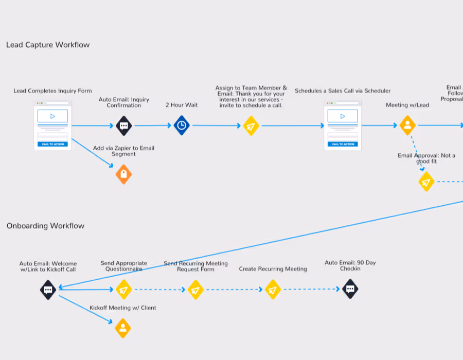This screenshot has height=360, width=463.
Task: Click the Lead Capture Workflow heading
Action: click(x=48, y=45)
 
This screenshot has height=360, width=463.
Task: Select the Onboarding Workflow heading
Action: click(x=45, y=226)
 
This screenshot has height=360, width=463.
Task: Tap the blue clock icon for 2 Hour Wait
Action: click(x=181, y=125)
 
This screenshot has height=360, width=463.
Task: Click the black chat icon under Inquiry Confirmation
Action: click(x=123, y=125)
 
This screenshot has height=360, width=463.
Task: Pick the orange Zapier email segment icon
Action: click(x=123, y=174)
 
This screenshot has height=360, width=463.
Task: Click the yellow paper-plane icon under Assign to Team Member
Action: click(x=251, y=125)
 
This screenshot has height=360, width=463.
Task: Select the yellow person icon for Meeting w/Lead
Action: click(x=407, y=125)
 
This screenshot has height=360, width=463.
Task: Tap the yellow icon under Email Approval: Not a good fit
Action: click(x=426, y=182)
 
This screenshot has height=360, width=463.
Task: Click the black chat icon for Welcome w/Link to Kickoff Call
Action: click(x=48, y=290)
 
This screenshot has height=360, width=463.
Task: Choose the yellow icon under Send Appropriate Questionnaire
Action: click(x=123, y=290)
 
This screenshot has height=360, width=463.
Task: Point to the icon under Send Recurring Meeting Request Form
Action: click(x=195, y=290)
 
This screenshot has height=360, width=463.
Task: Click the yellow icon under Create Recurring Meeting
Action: click(x=273, y=290)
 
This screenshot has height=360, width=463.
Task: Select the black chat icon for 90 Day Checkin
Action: click(x=350, y=290)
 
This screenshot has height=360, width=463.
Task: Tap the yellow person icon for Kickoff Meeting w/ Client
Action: click(x=123, y=328)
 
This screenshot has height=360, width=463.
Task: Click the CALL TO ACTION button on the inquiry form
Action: click(x=52, y=144)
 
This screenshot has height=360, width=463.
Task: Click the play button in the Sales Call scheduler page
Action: click(x=343, y=116)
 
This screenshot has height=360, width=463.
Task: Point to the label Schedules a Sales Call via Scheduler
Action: click(x=343, y=91)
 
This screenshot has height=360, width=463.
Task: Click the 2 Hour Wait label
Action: click(x=182, y=105)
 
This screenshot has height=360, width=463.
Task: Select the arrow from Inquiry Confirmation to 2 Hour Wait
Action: click(x=152, y=125)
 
